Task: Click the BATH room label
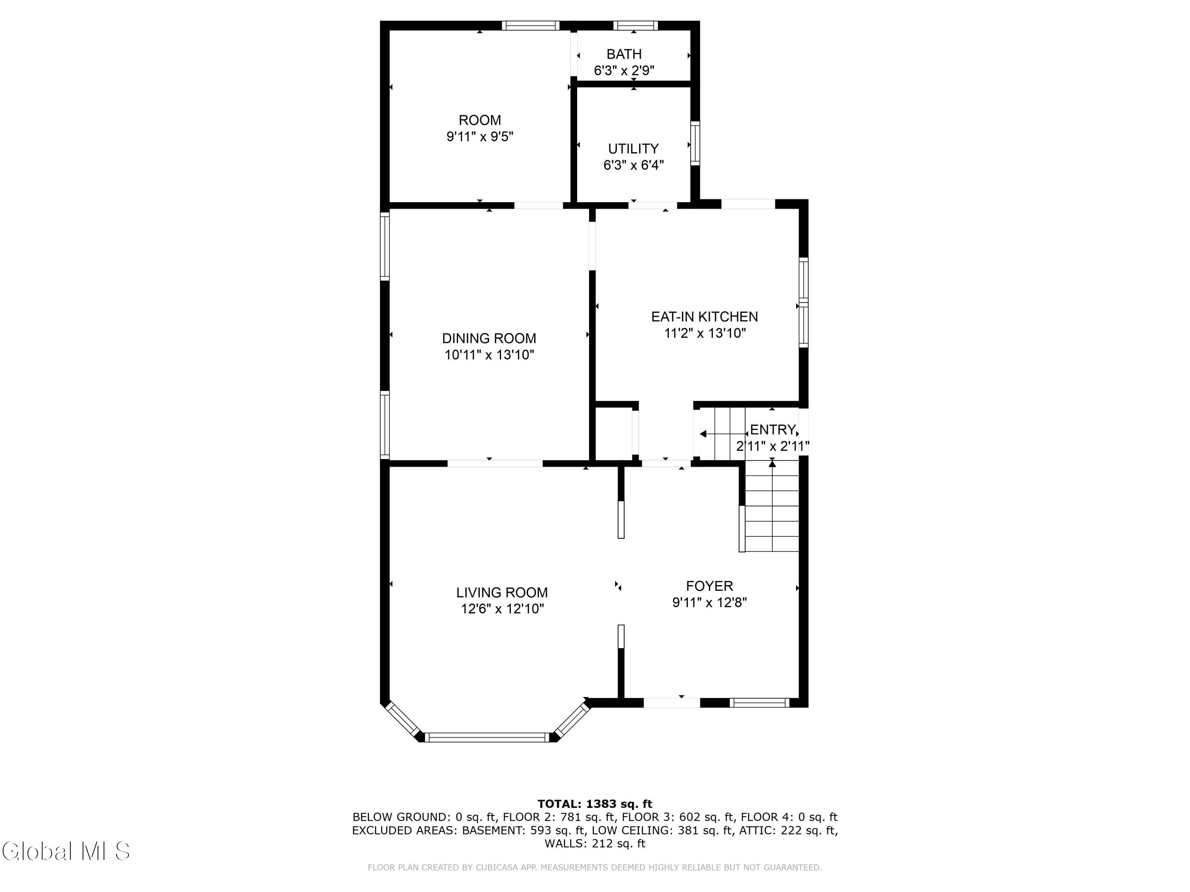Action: click(624, 54)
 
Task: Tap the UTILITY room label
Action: click(633, 148)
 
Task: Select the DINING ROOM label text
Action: click(489, 338)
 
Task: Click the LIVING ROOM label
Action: click(502, 593)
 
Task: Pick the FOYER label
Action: click(709, 586)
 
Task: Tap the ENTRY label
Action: click(773, 430)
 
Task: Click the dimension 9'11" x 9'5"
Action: click(480, 136)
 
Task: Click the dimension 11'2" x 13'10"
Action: click(705, 333)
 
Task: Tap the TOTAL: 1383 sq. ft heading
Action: click(595, 804)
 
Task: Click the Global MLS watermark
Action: click(65, 851)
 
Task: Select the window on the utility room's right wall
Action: click(695, 143)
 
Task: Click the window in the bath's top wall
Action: click(635, 25)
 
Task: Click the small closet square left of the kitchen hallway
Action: click(614, 432)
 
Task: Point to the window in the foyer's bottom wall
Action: click(760, 702)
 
